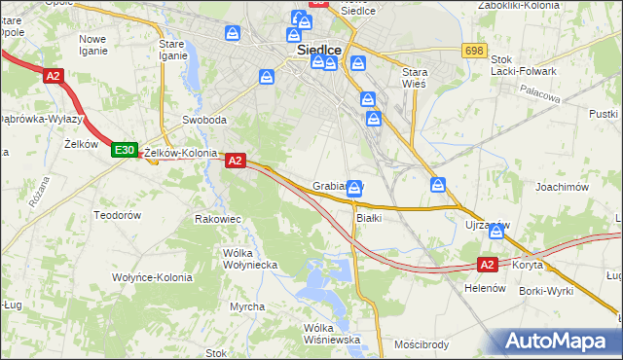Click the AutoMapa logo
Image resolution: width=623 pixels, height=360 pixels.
tap(559, 342)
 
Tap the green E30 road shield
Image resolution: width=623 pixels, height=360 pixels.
tap(123, 150)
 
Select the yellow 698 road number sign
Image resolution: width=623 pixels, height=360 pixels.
tap(475, 50)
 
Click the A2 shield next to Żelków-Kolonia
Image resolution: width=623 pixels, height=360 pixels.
tap(235, 162)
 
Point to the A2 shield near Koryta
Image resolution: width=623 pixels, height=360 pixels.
tap(489, 264)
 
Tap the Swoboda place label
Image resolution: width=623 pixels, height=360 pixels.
tap(204, 121)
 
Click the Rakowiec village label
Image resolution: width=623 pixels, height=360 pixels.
tap(218, 219)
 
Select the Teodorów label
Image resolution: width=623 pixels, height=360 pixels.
tap(118, 214)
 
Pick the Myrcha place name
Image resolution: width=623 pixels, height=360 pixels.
tap(247, 306)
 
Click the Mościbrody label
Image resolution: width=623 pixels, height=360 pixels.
tap(421, 344)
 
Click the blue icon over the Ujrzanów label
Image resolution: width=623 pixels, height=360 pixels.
tap(497, 231)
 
